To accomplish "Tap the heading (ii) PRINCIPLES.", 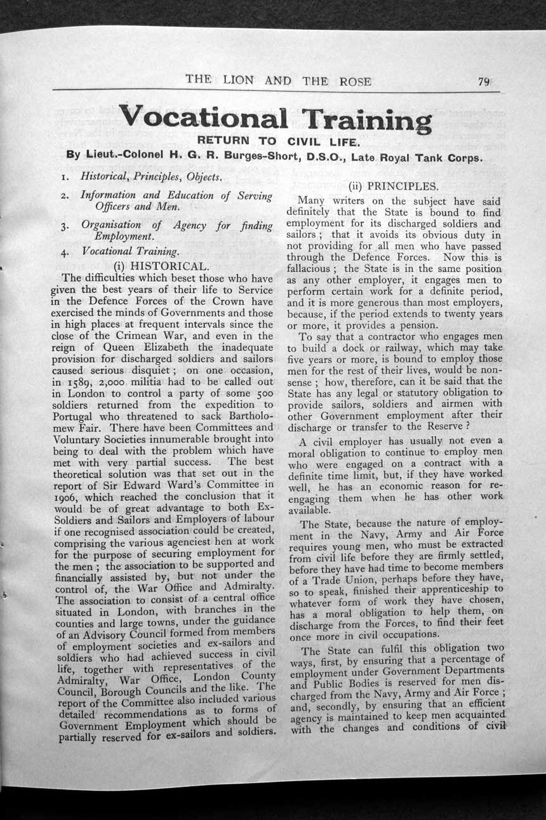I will tap(394, 187).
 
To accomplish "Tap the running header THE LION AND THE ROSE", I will tap(278, 81).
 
